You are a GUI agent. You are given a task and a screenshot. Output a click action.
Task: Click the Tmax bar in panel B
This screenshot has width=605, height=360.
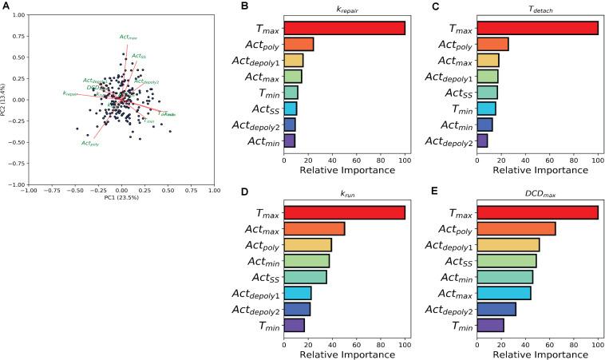[344, 28]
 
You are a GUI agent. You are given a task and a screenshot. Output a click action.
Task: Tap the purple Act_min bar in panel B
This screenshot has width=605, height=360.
[289, 140]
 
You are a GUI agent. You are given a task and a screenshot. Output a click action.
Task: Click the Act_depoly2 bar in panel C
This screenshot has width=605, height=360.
[482, 140]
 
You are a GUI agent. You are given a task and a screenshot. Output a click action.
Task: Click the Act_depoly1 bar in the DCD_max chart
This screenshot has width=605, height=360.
[508, 244]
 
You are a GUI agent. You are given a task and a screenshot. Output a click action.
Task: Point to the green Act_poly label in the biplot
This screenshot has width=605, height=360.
[89, 144]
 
